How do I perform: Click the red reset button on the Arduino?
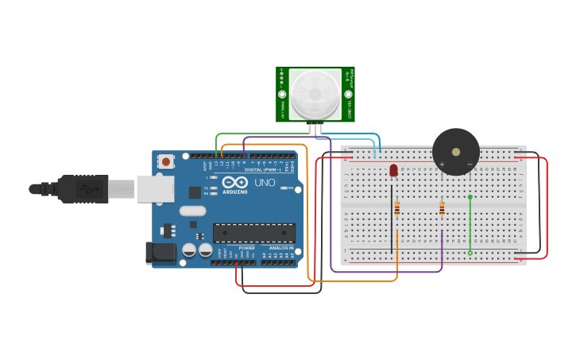[x=165, y=161]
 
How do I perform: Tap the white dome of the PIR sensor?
[x=315, y=95]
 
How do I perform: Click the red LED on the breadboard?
[x=393, y=170]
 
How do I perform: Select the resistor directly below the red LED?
[x=396, y=209]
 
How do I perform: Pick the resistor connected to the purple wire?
[x=442, y=209]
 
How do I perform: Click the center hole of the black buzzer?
[x=455, y=152]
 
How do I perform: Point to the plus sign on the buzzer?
[x=442, y=165]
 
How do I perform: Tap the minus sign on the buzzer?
[x=470, y=165]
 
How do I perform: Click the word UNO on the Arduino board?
[x=264, y=183]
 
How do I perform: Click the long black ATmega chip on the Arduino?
[x=253, y=233]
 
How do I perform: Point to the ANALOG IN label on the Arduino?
[x=280, y=248]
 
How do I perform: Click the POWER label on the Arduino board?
[x=246, y=248]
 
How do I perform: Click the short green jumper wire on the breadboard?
[x=470, y=224]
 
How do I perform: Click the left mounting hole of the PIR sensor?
[x=282, y=95]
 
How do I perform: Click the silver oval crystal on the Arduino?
[x=192, y=211]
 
